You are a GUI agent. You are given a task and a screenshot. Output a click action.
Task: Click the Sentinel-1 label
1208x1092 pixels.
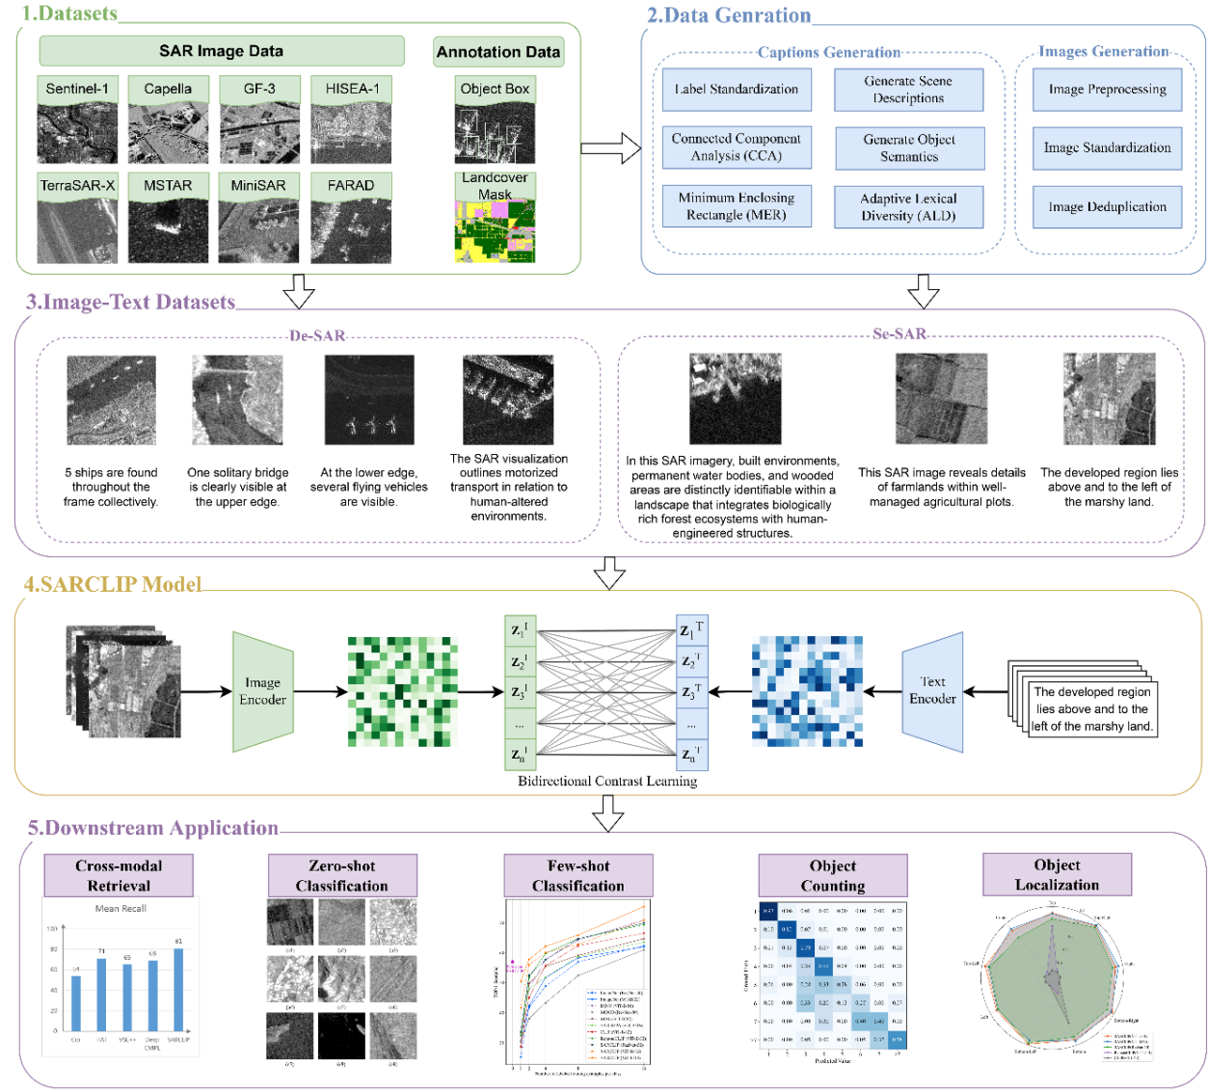(x=77, y=89)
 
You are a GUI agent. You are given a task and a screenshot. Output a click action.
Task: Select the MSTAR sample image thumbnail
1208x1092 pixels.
(x=168, y=231)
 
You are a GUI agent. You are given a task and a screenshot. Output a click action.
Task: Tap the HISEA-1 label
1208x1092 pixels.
(x=352, y=89)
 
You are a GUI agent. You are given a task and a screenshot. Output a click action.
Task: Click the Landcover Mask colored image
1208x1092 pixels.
(x=495, y=231)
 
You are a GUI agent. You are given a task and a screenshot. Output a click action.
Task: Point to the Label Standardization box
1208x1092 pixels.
(x=737, y=90)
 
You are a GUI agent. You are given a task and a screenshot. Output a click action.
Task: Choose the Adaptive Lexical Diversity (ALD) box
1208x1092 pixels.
(x=908, y=207)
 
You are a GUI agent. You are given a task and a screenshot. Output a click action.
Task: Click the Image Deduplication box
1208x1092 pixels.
(x=1107, y=207)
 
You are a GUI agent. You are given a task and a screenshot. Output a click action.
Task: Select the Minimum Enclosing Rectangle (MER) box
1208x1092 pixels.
(x=737, y=206)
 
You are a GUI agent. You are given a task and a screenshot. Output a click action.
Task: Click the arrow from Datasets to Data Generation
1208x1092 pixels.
(x=611, y=148)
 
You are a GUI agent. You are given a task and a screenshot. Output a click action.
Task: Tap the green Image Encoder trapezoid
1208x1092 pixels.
(x=262, y=691)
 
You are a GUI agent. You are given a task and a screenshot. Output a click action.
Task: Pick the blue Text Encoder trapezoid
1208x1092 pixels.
(x=932, y=691)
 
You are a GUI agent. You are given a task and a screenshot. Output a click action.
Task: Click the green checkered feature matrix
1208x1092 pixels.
(x=402, y=691)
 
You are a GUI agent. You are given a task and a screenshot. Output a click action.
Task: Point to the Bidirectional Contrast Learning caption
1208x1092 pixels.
(x=607, y=781)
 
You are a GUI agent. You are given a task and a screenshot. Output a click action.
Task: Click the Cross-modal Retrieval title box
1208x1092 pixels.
(x=119, y=875)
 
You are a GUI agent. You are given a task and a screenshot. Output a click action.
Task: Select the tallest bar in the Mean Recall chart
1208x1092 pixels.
(x=178, y=990)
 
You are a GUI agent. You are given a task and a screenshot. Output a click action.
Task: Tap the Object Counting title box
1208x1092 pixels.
(x=832, y=875)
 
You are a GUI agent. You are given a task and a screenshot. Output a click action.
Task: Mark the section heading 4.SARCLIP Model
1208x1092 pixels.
(x=113, y=584)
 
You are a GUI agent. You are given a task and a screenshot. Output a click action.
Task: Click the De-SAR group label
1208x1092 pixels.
(x=317, y=336)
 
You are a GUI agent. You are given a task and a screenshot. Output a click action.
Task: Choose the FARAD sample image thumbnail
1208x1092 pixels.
(x=351, y=231)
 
